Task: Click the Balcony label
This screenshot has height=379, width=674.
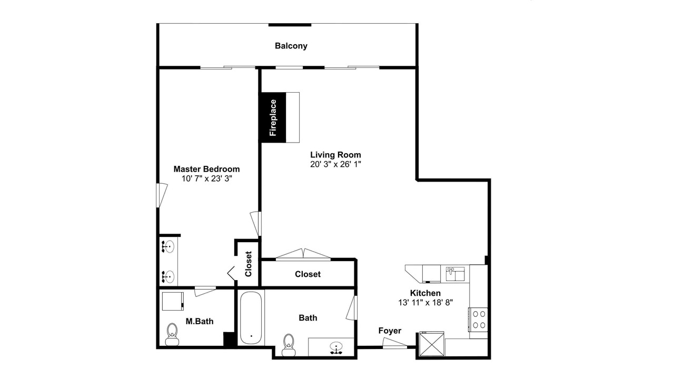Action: [x=291, y=46]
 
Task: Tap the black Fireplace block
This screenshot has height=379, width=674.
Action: [x=273, y=117]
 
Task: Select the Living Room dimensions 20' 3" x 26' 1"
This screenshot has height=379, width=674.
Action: [x=335, y=164]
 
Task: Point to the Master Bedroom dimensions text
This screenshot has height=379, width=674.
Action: [x=207, y=178]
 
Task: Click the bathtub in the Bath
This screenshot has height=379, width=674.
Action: [x=251, y=317]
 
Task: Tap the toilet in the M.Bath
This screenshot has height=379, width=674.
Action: [x=172, y=334]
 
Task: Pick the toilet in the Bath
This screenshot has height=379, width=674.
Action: [x=289, y=345]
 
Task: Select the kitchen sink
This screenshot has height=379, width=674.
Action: [x=455, y=274]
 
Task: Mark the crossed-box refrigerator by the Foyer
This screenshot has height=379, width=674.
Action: [x=432, y=344]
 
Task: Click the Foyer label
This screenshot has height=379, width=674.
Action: [x=390, y=331]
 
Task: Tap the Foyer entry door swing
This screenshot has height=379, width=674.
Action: [x=394, y=343]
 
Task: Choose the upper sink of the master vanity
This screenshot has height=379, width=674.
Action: [x=168, y=247]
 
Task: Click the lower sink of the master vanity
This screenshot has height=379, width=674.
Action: [x=168, y=276]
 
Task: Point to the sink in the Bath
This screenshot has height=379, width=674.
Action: [x=335, y=348]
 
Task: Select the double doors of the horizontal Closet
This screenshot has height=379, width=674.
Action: [x=303, y=254]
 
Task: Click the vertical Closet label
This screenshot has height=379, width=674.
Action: [x=248, y=264]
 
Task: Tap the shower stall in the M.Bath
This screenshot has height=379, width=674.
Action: [x=173, y=301]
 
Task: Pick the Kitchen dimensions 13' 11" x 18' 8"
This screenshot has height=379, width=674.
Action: [x=425, y=303]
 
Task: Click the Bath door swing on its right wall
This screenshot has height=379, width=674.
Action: [x=351, y=308]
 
